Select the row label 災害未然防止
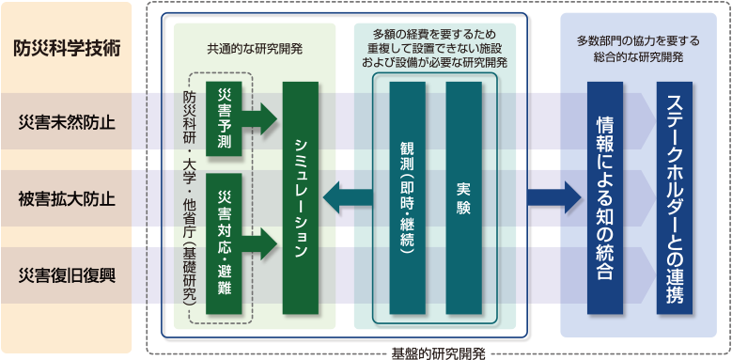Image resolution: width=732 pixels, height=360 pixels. pos(66,122)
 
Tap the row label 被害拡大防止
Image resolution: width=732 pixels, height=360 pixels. pos(66,198)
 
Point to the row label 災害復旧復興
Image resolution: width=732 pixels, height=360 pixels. pos(66,274)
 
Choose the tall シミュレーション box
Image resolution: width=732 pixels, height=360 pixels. pos(301,197)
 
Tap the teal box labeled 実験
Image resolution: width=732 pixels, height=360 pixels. pos(462,197)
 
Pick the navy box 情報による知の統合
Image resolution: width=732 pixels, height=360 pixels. pos(604,197)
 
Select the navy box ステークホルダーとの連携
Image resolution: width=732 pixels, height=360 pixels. pos(675,197)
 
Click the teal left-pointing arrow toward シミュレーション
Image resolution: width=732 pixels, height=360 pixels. pos(347,197)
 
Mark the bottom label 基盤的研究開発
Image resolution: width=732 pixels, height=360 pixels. pos(438,353)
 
